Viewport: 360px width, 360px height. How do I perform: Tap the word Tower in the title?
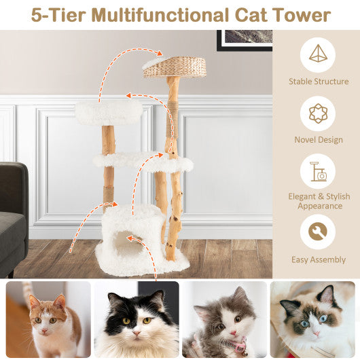point(300,14)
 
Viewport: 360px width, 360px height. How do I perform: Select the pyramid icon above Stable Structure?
point(317,54)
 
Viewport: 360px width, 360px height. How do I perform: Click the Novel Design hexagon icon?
point(317,113)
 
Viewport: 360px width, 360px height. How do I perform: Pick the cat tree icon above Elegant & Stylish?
point(317,173)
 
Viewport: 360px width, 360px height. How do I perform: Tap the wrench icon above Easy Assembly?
point(317,232)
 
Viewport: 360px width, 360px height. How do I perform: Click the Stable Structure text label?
point(317,82)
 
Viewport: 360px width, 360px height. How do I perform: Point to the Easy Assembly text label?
point(317,259)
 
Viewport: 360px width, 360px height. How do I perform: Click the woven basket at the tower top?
point(175,67)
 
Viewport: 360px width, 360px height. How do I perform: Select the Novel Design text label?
point(317,140)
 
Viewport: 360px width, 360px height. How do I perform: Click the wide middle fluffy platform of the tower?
point(143,162)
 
